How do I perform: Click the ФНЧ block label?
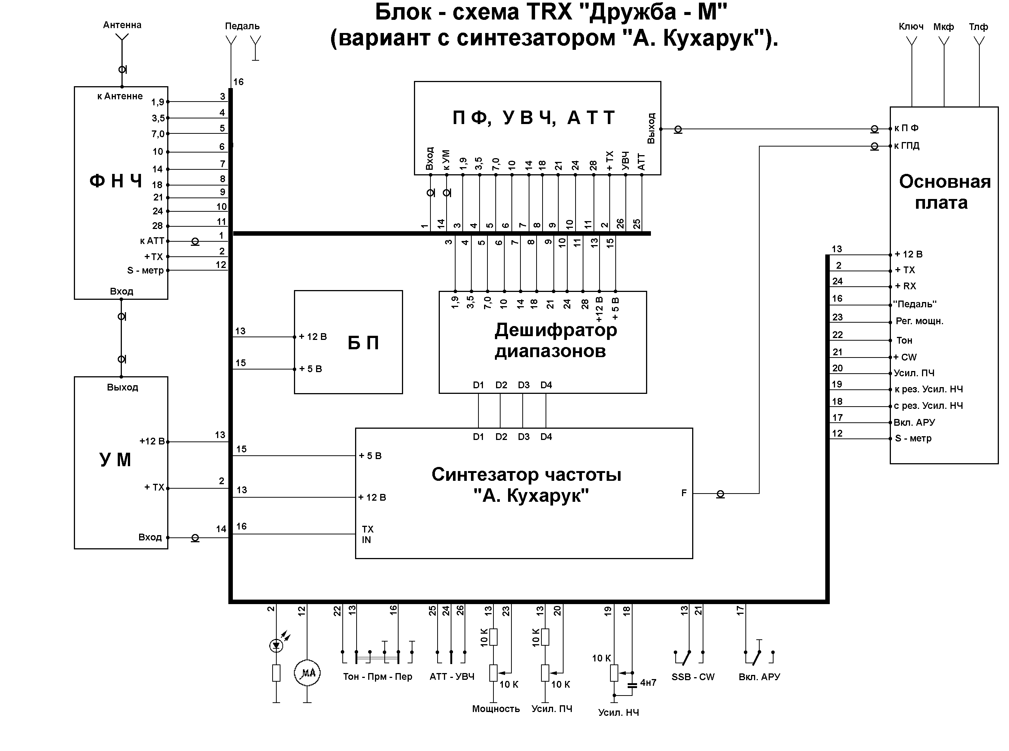116,181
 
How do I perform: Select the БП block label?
363,343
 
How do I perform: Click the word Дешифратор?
555,330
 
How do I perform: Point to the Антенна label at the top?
122,25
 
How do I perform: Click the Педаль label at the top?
242,26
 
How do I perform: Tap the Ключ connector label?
911,27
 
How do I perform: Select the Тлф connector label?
978,27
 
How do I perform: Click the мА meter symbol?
307,673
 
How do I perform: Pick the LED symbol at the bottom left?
276,645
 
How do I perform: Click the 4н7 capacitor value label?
648,683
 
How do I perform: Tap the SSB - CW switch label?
693,677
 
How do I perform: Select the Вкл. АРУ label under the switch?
759,677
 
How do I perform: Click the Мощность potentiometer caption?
496,709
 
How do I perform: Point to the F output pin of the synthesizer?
684,493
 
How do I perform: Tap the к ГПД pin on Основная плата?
907,146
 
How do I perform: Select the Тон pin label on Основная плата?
904,341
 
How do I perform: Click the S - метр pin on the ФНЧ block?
145,271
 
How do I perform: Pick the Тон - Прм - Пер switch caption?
378,676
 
